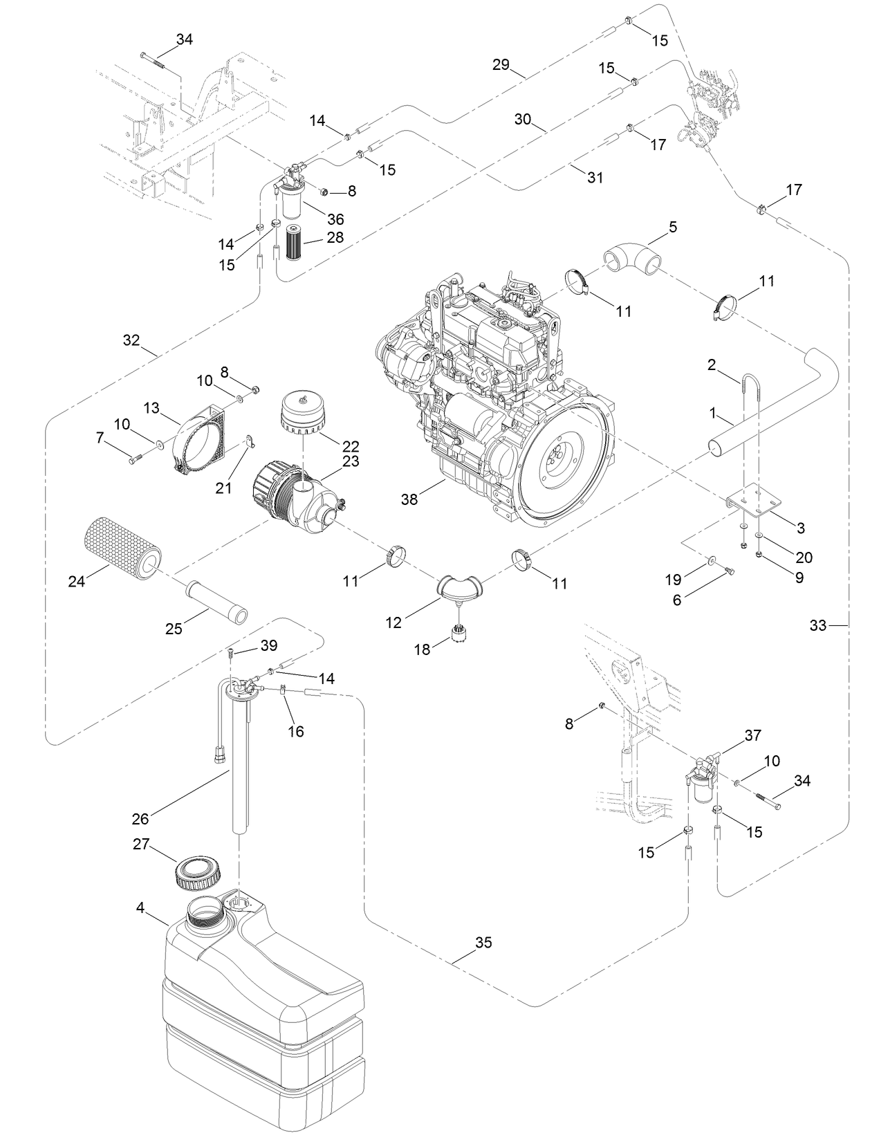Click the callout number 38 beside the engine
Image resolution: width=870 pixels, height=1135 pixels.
(x=409, y=499)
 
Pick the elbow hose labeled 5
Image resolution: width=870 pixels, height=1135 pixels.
(x=632, y=259)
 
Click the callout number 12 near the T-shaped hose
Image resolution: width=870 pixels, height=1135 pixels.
(x=394, y=622)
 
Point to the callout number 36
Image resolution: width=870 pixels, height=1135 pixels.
(x=335, y=219)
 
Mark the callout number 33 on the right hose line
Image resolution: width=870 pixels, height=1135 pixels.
(x=817, y=625)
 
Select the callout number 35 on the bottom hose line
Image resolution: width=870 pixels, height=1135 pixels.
(x=483, y=943)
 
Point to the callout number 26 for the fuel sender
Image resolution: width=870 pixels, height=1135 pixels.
(x=140, y=819)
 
